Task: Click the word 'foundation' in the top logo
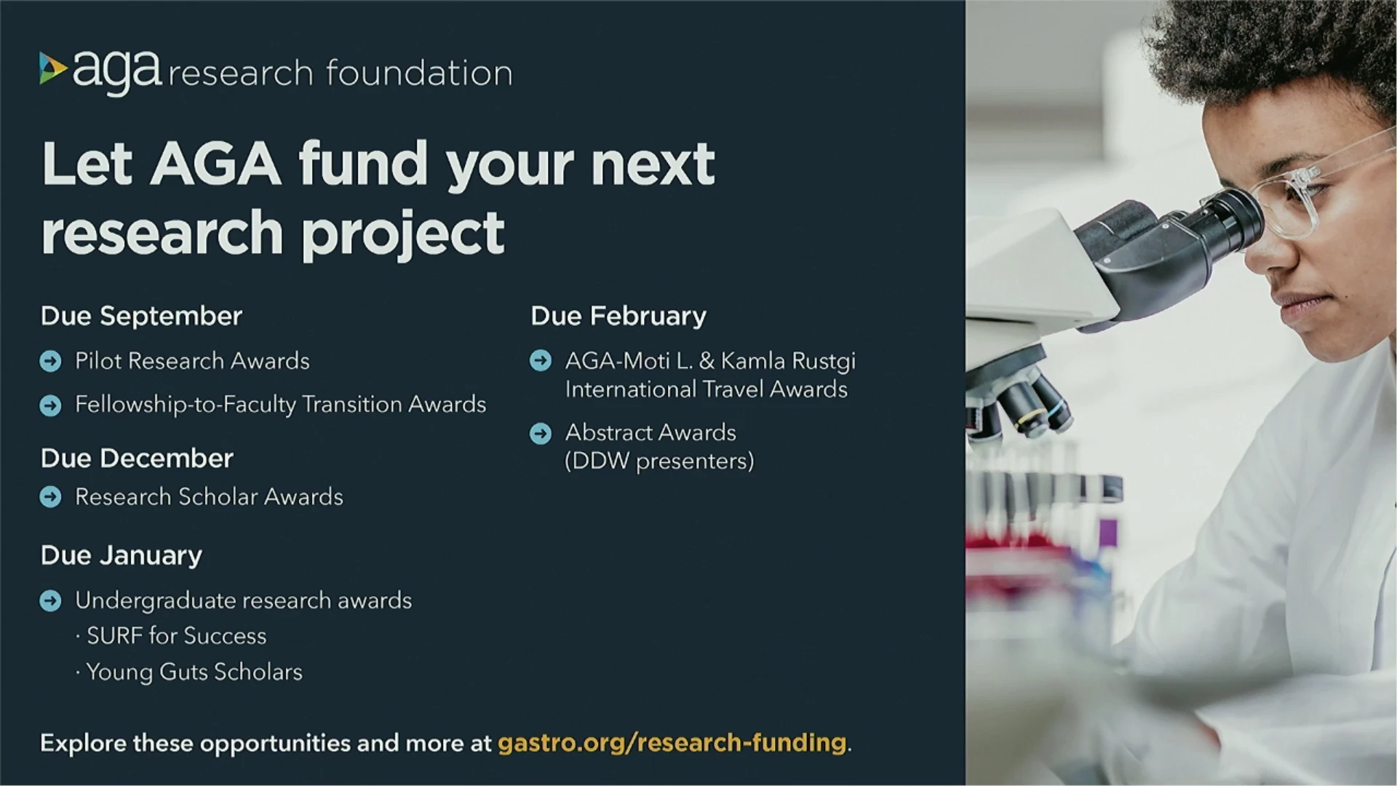coord(419,73)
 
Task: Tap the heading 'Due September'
coord(141,317)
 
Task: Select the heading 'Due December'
coord(137,458)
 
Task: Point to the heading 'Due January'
coord(122,556)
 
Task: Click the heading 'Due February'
coord(618,317)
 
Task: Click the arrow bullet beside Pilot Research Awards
coord(50,361)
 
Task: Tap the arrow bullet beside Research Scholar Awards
coord(50,497)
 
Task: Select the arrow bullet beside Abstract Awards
coord(541,434)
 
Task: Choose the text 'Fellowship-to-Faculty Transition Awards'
coord(280,405)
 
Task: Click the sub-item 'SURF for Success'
coord(176,636)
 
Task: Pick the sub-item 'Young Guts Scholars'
coord(194,672)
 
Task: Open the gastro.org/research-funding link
coord(672,743)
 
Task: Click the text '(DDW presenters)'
coord(659,461)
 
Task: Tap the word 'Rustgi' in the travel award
coord(823,362)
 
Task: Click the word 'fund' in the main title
coord(363,163)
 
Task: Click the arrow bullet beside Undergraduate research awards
coord(50,601)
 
